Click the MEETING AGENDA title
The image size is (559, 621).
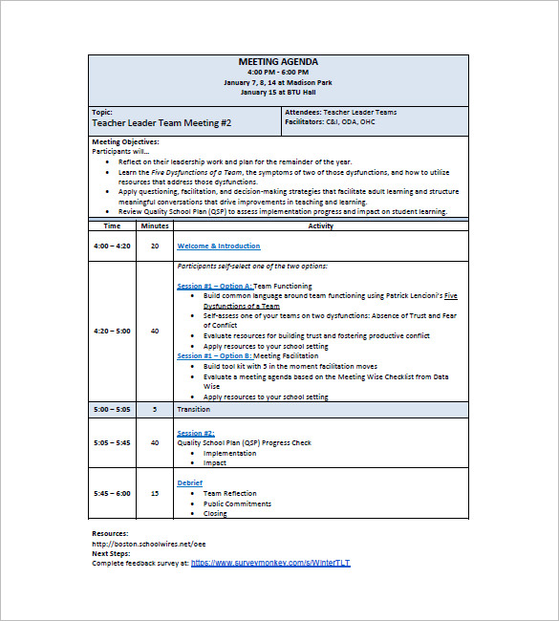[278, 61]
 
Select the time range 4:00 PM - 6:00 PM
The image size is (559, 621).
[278, 72]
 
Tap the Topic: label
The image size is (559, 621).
[102, 112]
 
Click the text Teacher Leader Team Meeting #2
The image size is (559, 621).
[161, 123]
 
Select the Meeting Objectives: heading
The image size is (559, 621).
[125, 141]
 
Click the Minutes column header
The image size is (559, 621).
[155, 225]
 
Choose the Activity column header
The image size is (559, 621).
[321, 225]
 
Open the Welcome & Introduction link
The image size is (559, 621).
[218, 246]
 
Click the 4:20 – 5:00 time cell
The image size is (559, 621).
[112, 331]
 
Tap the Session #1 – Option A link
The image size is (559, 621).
[215, 286]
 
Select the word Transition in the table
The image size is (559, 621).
[194, 409]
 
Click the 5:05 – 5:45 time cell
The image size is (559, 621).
[112, 442]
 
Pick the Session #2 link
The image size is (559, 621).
[196, 433]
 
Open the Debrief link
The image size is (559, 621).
[189, 482]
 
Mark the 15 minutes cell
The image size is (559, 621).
[155, 493]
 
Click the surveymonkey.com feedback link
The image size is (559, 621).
[270, 563]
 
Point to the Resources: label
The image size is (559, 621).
[110, 533]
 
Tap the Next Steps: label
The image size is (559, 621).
[112, 553]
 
